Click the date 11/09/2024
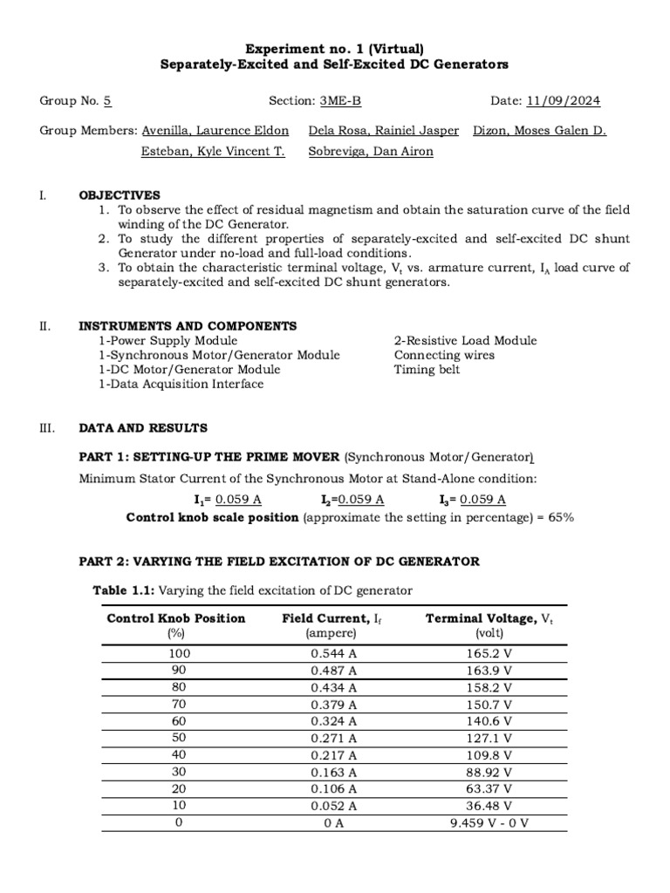coord(564,101)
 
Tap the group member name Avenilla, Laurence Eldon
coord(215,131)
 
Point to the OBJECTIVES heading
coord(120,195)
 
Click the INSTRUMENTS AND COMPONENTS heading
coord(188,326)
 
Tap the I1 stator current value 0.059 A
coord(238,500)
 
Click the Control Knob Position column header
coord(176,618)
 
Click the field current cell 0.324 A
coord(333,721)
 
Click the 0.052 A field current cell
coord(333,806)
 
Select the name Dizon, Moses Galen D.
coord(539,131)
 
